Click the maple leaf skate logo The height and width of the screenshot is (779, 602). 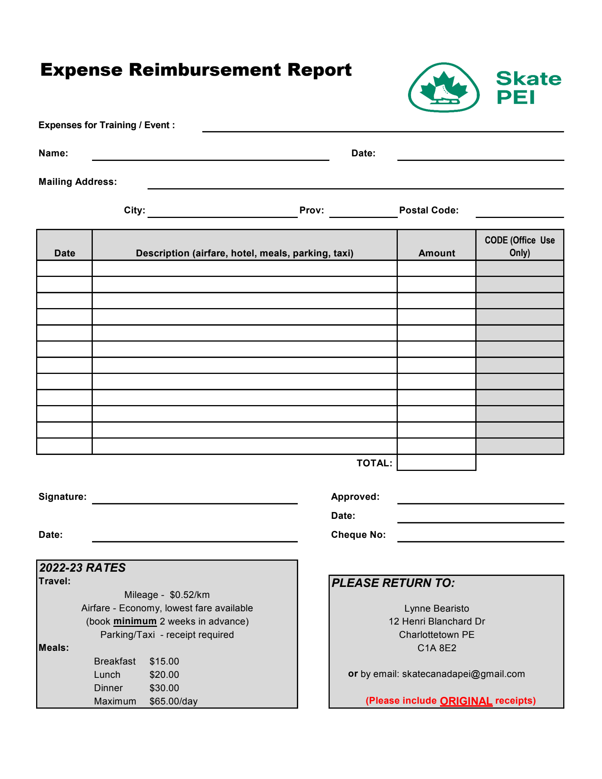coord(443,88)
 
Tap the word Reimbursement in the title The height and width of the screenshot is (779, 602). coord(205,70)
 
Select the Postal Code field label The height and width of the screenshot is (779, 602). coord(429,210)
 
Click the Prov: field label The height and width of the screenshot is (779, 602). coord(311,210)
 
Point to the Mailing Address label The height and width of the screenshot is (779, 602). coord(78,182)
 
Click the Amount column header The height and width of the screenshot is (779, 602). coord(437,253)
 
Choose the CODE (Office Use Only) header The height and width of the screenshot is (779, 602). coord(519,246)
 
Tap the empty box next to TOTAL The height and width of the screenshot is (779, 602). coord(436,463)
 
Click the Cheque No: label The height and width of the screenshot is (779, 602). coord(358,535)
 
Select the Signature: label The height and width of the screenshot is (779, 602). coord(62,497)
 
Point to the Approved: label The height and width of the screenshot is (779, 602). coord(355,497)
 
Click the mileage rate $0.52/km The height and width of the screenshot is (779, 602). coord(190,595)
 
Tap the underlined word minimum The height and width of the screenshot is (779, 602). coord(135,621)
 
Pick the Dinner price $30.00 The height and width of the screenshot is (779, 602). coord(164,688)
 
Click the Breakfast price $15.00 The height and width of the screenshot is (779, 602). coord(164,661)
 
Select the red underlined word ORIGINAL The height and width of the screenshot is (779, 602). coord(466,701)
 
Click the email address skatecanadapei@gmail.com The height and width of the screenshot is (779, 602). coord(463,674)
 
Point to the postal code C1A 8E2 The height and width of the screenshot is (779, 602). coord(437,648)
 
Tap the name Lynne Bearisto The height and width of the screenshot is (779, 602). coord(437,608)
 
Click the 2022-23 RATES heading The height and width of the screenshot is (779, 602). coord(83,568)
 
